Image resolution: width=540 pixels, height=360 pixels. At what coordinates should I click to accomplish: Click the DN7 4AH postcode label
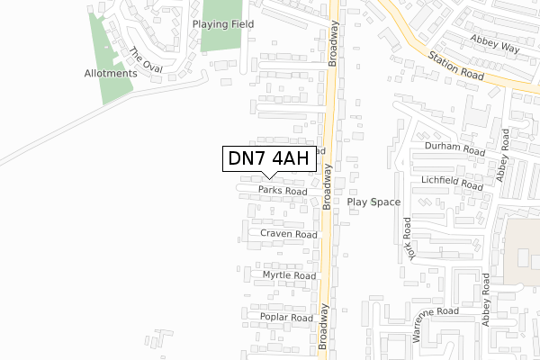(268, 159)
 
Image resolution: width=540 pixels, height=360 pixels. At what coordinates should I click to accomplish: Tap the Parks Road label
(282, 191)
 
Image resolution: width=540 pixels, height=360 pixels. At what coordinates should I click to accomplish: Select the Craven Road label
(289, 234)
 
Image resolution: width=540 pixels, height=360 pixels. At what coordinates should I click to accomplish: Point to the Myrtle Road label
(289, 275)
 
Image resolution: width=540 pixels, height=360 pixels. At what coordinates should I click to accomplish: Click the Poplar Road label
(287, 319)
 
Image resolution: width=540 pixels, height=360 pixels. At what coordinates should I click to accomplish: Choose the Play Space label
(373, 202)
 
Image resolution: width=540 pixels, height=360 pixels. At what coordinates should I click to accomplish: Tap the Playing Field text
(222, 24)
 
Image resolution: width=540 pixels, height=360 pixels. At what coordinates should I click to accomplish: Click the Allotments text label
(110, 73)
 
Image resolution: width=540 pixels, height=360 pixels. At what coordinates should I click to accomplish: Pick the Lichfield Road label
(452, 183)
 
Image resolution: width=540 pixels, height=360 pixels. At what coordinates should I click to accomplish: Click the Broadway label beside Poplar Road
(324, 326)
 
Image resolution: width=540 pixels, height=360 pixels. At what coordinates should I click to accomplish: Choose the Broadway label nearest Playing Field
(334, 43)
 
